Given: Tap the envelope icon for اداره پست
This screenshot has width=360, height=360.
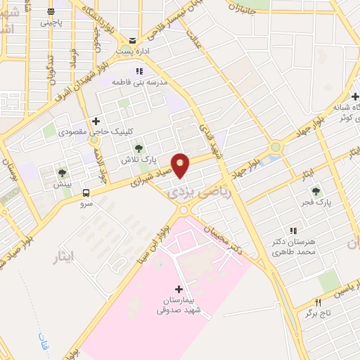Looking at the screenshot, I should click(133, 39).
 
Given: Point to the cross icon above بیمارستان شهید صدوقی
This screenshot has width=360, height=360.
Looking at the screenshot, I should click(179, 289).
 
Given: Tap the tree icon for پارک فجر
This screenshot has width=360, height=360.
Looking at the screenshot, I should click(314, 190).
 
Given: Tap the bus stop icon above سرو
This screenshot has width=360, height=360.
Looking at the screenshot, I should click(86, 193).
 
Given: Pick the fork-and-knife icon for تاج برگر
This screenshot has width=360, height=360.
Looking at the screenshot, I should click(319, 302).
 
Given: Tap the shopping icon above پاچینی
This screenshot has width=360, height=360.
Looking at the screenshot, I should click(51, 12).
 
